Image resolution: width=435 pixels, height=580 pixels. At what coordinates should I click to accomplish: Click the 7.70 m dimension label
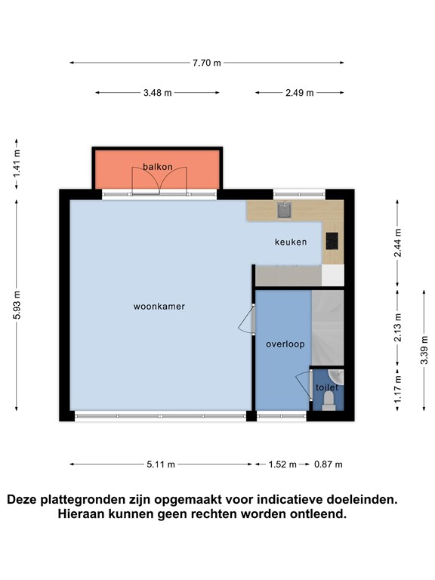click(206, 63)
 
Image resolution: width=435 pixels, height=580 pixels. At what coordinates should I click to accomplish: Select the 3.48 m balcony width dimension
click(158, 93)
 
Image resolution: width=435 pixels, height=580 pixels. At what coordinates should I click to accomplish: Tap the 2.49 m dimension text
click(299, 93)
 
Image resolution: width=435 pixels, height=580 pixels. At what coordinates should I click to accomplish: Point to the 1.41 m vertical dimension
click(17, 164)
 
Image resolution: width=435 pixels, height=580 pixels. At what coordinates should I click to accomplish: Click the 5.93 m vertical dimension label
click(17, 306)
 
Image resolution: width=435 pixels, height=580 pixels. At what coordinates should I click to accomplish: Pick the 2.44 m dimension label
click(398, 242)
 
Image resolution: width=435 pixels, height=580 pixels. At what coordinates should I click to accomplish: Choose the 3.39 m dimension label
click(424, 350)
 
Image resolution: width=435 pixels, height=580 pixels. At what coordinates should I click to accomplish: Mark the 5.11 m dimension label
click(161, 464)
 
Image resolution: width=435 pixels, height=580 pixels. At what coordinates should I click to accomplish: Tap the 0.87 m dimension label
click(329, 464)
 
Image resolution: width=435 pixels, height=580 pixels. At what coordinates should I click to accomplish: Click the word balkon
click(158, 167)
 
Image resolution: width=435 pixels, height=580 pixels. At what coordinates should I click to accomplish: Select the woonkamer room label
click(159, 307)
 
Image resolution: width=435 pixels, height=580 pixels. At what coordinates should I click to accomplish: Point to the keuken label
click(291, 242)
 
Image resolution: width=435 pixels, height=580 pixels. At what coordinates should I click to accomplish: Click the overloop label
click(285, 344)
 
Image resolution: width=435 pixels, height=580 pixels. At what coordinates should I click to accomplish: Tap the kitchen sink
click(285, 210)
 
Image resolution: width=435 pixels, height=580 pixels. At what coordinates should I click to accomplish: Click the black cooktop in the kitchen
click(332, 241)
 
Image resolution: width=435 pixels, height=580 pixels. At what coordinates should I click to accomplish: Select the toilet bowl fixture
click(329, 401)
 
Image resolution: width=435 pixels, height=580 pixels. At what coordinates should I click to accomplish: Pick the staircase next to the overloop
click(328, 328)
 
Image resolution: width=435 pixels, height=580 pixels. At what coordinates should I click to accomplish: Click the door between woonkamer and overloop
click(246, 319)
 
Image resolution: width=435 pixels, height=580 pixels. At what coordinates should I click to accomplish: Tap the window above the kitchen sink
click(299, 194)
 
